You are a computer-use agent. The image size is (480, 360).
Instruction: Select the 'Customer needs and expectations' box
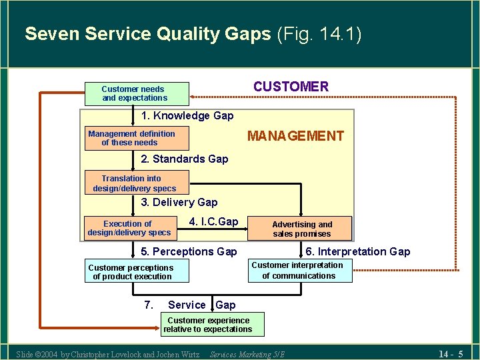click(137, 93)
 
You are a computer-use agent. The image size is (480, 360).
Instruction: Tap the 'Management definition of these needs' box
click(137, 138)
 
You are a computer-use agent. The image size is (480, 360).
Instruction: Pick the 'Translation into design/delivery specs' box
click(137, 183)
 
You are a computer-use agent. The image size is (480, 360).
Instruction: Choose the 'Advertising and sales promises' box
click(301, 229)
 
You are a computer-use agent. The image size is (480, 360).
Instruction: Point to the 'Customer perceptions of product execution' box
click(137, 271)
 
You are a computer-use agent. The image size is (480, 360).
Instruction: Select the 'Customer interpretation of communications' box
click(299, 270)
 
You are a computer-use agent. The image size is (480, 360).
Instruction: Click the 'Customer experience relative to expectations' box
click(208, 325)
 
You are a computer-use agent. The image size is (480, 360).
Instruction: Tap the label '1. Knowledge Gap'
click(187, 116)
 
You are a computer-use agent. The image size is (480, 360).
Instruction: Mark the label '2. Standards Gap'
click(185, 159)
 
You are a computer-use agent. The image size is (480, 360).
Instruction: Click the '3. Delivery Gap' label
click(179, 202)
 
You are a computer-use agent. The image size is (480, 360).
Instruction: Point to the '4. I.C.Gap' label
click(213, 221)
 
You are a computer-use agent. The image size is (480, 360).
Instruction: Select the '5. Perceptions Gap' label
click(189, 251)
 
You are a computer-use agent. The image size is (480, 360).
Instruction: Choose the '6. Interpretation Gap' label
click(357, 251)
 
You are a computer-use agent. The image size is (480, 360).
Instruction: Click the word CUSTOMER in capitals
click(291, 87)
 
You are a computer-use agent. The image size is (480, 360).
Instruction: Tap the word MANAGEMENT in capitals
click(295, 136)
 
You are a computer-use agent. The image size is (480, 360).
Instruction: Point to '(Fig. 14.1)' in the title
click(319, 34)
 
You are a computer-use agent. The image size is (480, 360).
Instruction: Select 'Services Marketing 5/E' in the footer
click(247, 354)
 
